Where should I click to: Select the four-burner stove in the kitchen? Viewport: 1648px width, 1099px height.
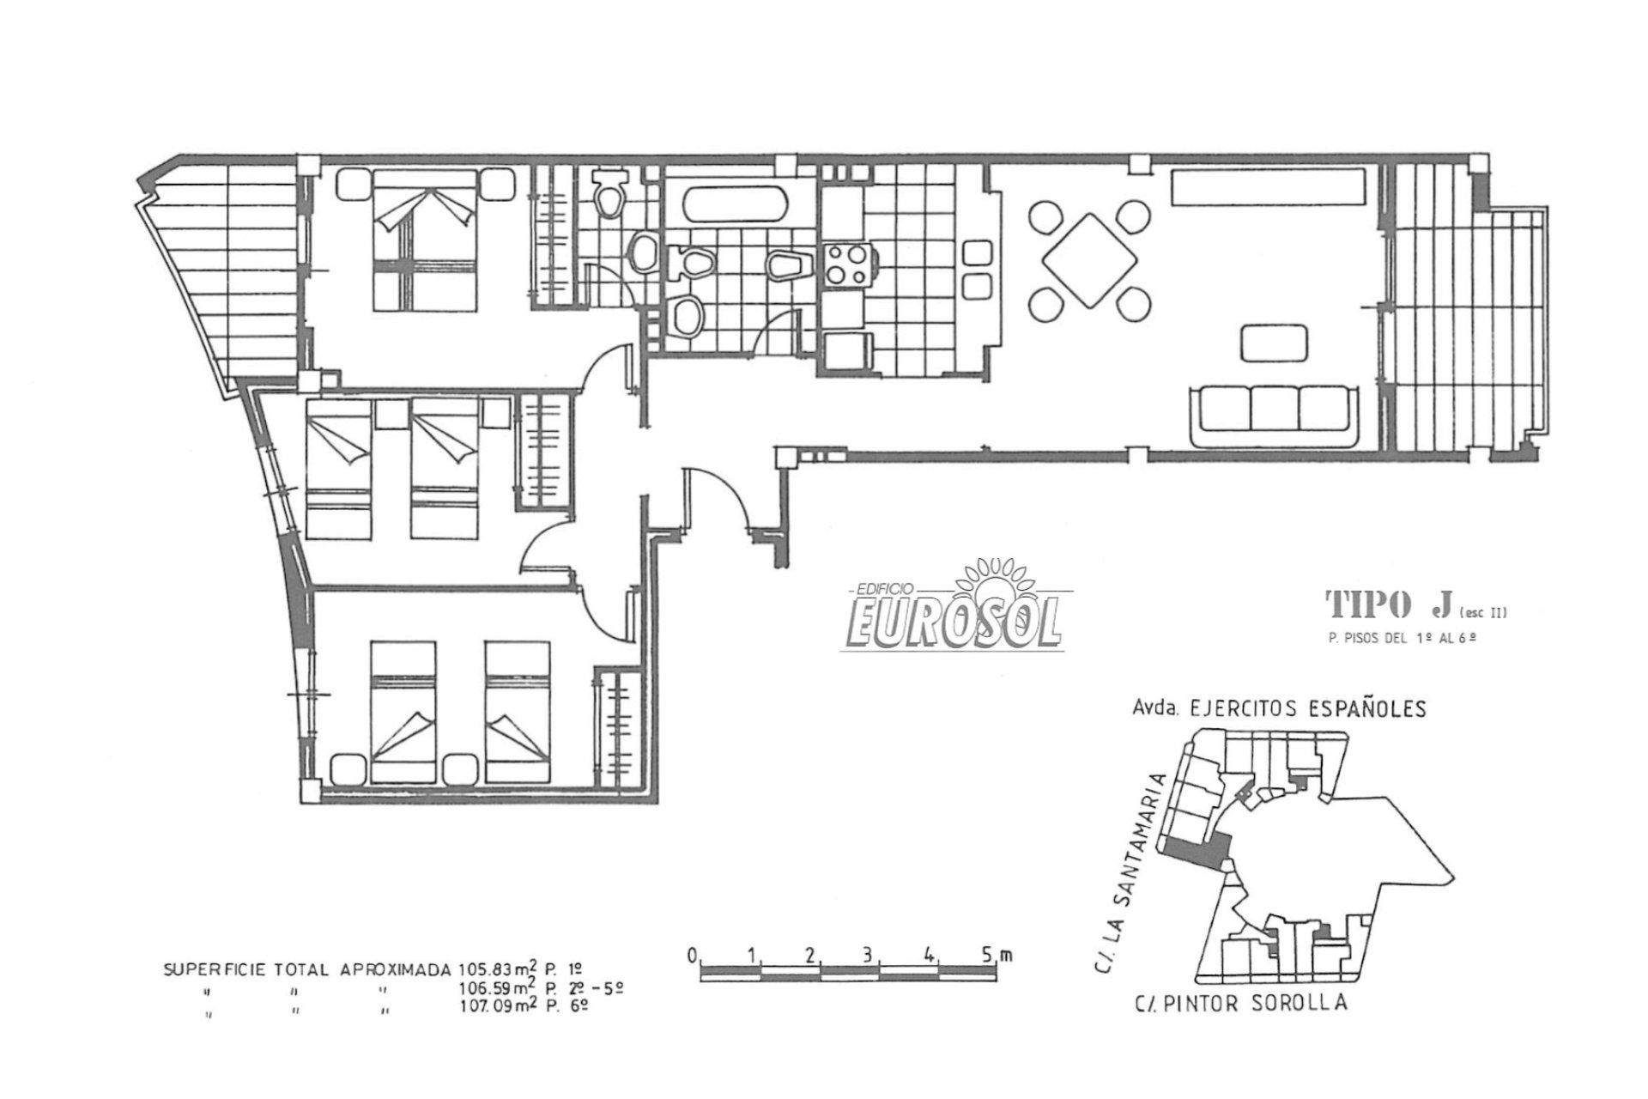847,265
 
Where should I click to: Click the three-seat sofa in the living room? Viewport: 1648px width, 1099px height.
1274,411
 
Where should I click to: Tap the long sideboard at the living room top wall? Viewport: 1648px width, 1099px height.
1269,187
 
